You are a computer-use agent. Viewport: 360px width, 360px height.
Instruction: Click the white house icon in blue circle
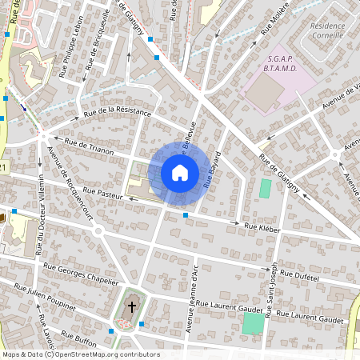click(179, 172)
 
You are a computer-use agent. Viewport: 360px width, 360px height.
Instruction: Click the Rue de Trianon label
click(89, 146)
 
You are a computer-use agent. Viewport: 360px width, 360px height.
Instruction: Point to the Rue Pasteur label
click(102, 194)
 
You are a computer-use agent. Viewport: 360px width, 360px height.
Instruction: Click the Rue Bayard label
click(212, 169)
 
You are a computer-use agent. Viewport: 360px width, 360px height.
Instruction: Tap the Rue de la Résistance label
click(122, 111)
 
